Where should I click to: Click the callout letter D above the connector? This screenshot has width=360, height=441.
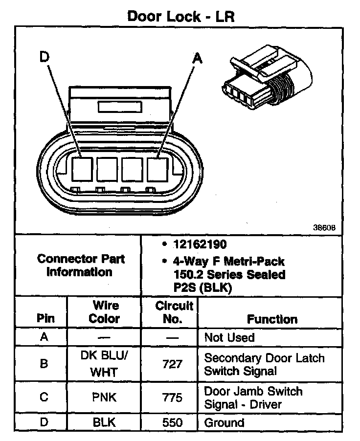(x=45, y=58)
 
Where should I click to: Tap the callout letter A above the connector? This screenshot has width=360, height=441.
(x=197, y=59)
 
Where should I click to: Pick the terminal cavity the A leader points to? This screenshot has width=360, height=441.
(x=157, y=168)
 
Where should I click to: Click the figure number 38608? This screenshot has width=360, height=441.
(x=324, y=227)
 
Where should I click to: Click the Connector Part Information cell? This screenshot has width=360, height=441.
(x=81, y=265)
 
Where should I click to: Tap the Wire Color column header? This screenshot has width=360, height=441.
(x=105, y=312)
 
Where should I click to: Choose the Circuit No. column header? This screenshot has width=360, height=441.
(x=174, y=312)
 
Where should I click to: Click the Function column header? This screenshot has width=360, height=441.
(x=272, y=319)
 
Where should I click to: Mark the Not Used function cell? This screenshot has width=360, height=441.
(x=229, y=337)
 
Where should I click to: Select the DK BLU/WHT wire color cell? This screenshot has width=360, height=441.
(x=105, y=364)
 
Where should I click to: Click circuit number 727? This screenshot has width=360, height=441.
(x=174, y=364)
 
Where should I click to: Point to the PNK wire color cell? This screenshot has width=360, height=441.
(x=105, y=397)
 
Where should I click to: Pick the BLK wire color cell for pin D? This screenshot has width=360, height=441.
(x=105, y=422)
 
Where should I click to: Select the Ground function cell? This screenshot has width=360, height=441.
(x=224, y=422)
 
